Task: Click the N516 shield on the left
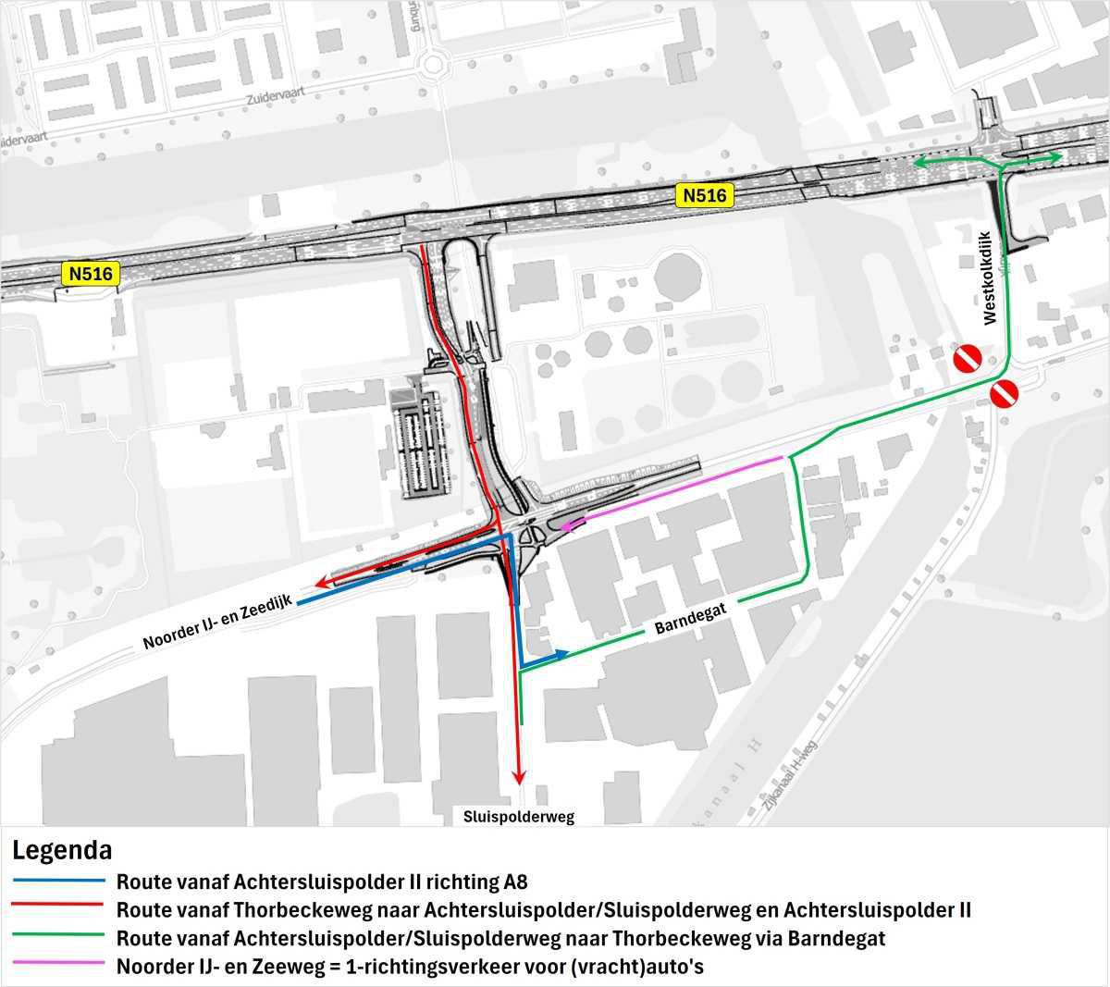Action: (x=89, y=274)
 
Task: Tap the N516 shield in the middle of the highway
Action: (x=707, y=195)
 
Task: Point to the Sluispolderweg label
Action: (x=519, y=817)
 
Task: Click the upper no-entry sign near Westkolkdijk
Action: (x=968, y=357)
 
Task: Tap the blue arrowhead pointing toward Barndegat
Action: (x=561, y=655)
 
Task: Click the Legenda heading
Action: (x=62, y=849)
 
